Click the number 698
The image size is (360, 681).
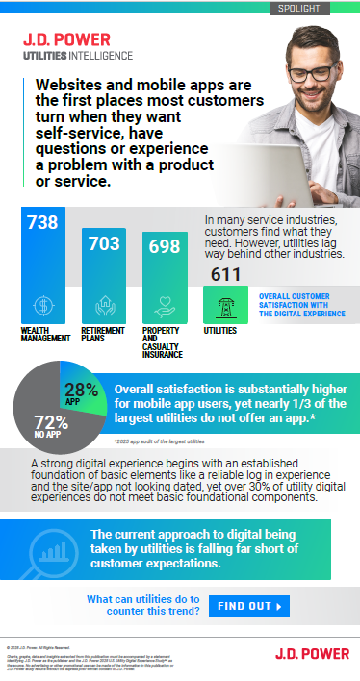(x=164, y=247)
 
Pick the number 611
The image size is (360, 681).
(x=227, y=276)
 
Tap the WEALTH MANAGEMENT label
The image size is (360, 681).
(x=44, y=339)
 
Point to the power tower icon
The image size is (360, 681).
(x=226, y=304)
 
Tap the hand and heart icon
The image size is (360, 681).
(x=164, y=305)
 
